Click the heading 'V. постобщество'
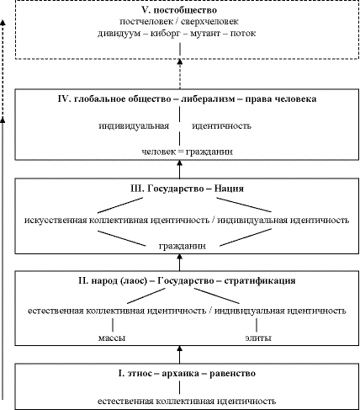pyautogui.click(x=179, y=10)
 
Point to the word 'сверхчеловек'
pyautogui.click(x=209, y=22)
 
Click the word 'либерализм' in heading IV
pyautogui.click(x=208, y=99)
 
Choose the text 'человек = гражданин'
pyautogui.click(x=187, y=152)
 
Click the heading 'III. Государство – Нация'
pyautogui.click(x=187, y=189)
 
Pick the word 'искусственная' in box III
pyautogui.click(x=56, y=220)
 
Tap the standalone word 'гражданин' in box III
pyautogui.click(x=183, y=246)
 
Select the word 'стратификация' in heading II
pyautogui.click(x=260, y=280)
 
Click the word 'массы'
pyautogui.click(x=112, y=338)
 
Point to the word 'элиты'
pyautogui.click(x=258, y=338)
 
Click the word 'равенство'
pyautogui.click(x=232, y=374)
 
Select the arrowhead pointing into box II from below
pyautogui.click(x=180, y=349)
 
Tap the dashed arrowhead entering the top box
pyautogui.click(x=180, y=61)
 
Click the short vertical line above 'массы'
pyautogui.click(x=113, y=325)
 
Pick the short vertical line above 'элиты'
pyautogui.click(x=257, y=325)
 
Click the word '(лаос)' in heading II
pyautogui.click(x=134, y=281)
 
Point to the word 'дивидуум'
pyautogui.click(x=119, y=34)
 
